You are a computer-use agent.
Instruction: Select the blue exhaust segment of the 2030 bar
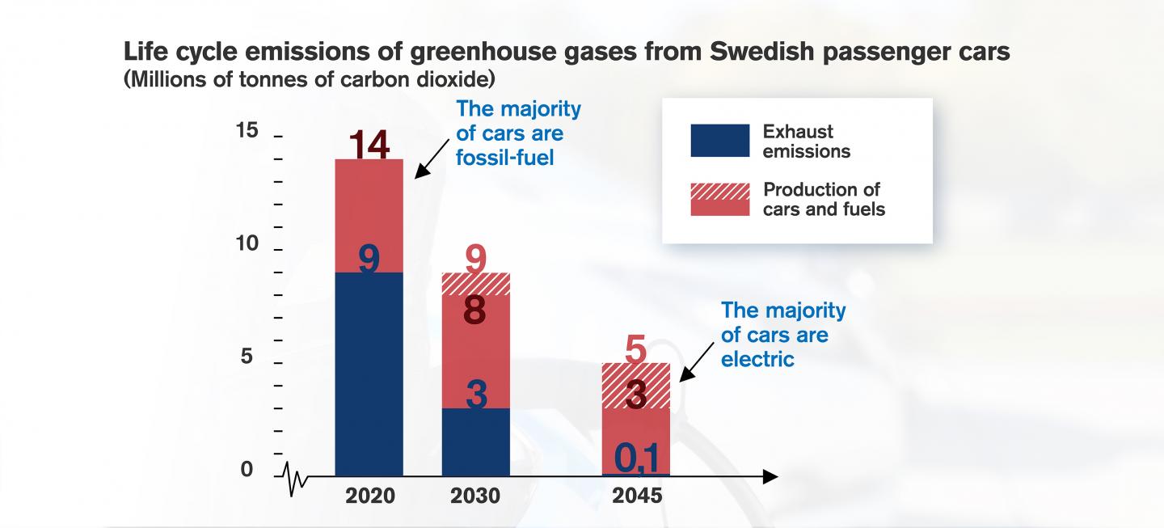point(476,445)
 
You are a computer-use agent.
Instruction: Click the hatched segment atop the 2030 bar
point(476,284)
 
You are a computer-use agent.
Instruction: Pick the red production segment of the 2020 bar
point(369,210)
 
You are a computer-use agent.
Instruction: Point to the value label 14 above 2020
point(369,146)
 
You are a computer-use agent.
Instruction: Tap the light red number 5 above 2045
point(636,350)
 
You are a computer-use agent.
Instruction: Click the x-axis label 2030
point(476,496)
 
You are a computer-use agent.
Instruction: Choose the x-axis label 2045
point(636,496)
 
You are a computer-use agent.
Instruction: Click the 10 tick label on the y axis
point(247,244)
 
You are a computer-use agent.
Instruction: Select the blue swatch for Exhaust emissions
point(719,141)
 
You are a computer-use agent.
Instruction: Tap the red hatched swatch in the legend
point(719,199)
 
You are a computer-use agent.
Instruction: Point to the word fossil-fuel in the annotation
point(504,158)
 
